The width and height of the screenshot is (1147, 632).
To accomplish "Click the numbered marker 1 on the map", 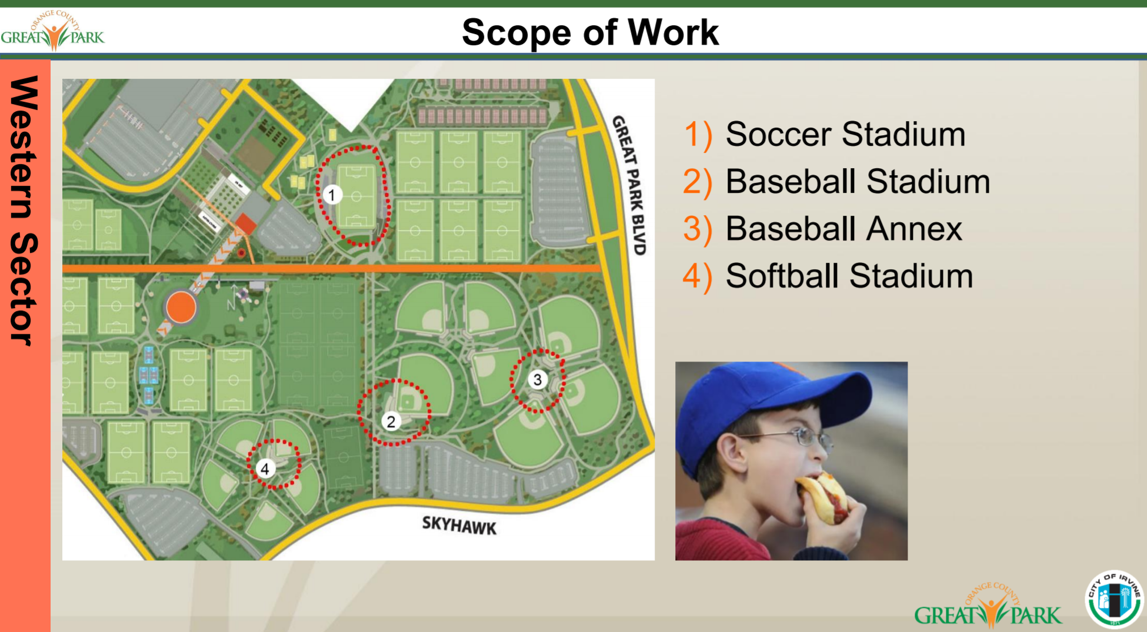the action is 332,195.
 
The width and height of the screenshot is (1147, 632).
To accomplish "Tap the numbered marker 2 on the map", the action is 391,421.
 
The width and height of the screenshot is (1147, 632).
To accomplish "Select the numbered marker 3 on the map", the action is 537,380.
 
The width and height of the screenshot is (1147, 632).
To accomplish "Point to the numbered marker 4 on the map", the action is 265,469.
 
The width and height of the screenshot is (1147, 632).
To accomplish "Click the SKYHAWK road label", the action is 459,525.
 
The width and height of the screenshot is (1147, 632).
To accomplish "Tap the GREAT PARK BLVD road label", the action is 629,185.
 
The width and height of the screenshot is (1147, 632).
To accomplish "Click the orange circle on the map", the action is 181,307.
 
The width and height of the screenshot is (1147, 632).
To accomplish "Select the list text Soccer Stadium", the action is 845,134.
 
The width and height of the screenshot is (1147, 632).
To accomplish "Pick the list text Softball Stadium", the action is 849,276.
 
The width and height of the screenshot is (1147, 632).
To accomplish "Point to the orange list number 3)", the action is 698,229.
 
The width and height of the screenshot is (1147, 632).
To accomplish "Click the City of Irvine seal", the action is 1115,600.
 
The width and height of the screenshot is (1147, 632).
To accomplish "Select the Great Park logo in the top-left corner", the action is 53,31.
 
